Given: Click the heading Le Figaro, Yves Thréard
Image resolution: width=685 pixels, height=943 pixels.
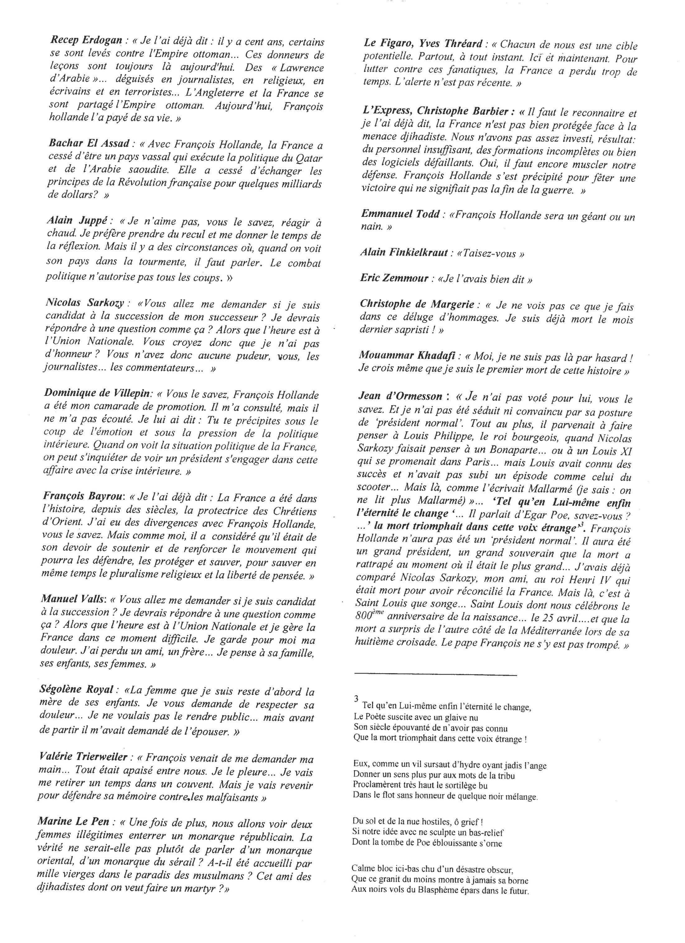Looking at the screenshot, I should click(x=423, y=44).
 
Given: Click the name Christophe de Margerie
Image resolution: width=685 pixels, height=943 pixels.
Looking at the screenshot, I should click(x=417, y=304).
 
